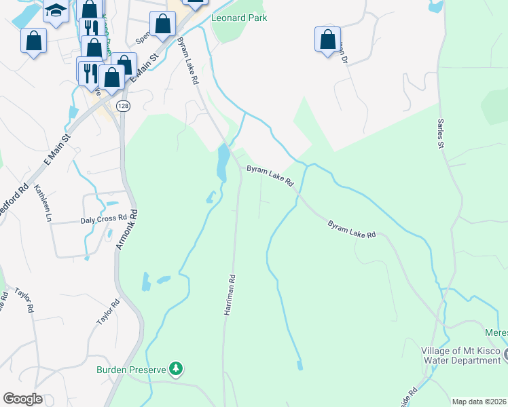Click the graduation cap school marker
point(56,10)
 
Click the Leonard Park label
point(238,18)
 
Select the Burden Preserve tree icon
point(176,369)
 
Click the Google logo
point(23,399)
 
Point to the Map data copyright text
point(479,401)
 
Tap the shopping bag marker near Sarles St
point(327,39)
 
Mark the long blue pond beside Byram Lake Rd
point(221,163)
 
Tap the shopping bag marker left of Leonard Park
point(164,24)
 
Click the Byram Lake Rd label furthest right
point(352,229)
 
